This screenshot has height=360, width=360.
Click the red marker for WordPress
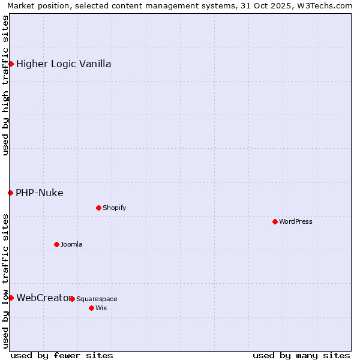(x=275, y=221)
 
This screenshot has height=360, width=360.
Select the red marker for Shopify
(x=98, y=208)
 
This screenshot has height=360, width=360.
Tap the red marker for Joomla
(x=56, y=244)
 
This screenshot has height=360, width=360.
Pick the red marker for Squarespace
(x=72, y=299)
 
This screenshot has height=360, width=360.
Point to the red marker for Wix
(x=91, y=308)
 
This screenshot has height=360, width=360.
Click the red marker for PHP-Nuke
(x=10, y=193)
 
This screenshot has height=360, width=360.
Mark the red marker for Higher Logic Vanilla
(x=11, y=64)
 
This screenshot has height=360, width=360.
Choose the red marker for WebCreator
(x=11, y=298)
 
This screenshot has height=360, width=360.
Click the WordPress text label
(x=296, y=221)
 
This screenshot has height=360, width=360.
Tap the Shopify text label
(x=115, y=208)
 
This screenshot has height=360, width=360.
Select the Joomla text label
(x=71, y=244)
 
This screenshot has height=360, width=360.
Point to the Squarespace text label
(x=97, y=299)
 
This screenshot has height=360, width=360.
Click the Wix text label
(x=101, y=308)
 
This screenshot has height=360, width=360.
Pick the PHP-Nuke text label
(x=40, y=193)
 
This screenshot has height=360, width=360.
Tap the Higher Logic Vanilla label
(x=64, y=64)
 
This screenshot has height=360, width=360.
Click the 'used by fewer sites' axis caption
(x=62, y=355)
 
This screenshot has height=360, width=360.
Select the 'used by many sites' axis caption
(x=301, y=355)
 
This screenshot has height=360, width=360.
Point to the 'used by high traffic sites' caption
(x=5, y=85)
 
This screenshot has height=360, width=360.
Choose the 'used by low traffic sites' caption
(x=5, y=281)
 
